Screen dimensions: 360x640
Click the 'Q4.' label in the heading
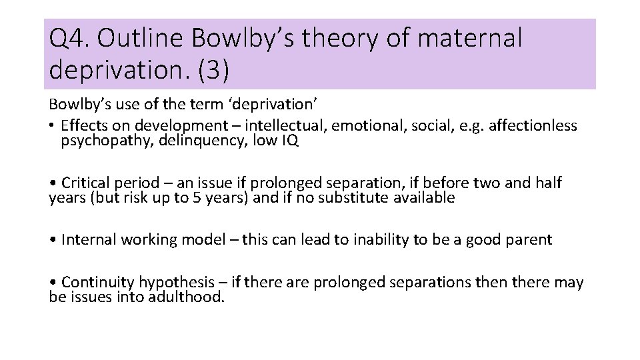coord(69,39)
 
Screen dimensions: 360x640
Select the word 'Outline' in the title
coord(140,39)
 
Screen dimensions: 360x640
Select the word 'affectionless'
coord(534,125)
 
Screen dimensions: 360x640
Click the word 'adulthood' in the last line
coord(187,297)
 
